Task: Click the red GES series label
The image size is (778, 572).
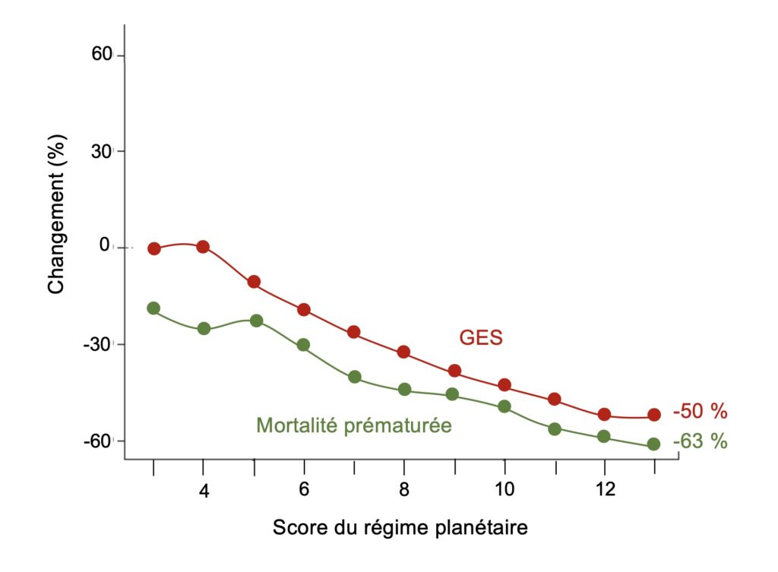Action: (x=480, y=337)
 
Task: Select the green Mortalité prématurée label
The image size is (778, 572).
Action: (x=353, y=425)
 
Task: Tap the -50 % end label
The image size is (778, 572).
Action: (x=700, y=412)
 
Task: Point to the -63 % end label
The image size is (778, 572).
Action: (x=700, y=441)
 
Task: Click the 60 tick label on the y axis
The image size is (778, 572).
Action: (x=104, y=55)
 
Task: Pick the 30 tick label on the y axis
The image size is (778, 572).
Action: (x=104, y=150)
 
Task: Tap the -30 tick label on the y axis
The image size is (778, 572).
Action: (x=100, y=343)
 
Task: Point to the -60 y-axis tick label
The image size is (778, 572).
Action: (x=100, y=441)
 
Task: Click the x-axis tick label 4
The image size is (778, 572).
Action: (x=204, y=491)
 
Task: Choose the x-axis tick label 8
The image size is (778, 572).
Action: (x=403, y=491)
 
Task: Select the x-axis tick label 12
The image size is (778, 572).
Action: (x=604, y=491)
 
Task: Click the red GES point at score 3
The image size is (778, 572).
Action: (x=154, y=248)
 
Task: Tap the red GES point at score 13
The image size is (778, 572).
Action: (x=653, y=415)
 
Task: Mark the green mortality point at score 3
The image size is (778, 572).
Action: (x=153, y=308)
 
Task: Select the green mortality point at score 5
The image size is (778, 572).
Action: (x=256, y=321)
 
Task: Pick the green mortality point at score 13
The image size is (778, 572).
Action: (x=653, y=444)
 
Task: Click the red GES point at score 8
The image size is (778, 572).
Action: (x=403, y=352)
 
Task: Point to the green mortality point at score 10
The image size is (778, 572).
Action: (x=504, y=406)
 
